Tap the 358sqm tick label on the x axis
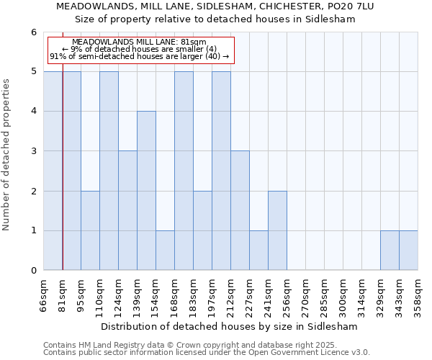click(x=418, y=296)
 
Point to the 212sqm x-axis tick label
click(x=231, y=296)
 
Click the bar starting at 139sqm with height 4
click(x=146, y=191)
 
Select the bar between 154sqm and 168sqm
click(x=165, y=251)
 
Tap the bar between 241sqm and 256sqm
click(x=277, y=230)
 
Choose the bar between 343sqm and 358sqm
click(x=408, y=251)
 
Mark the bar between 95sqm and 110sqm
click(x=90, y=230)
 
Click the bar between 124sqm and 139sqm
click(x=127, y=210)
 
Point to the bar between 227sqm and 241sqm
click(x=258, y=251)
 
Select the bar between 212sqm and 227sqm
click(x=240, y=210)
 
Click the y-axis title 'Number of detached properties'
click(x=6, y=155)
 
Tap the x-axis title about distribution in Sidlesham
click(x=229, y=326)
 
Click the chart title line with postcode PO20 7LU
click(x=215, y=6)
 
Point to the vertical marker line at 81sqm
click(x=63, y=166)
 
